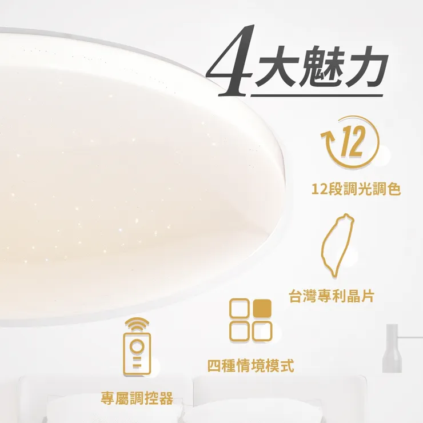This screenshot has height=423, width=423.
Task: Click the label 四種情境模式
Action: [x=251, y=366]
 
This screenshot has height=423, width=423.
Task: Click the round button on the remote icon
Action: [x=137, y=347]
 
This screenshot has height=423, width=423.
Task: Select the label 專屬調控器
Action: [x=137, y=398]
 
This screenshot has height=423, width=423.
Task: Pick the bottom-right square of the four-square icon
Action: [x=262, y=331]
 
